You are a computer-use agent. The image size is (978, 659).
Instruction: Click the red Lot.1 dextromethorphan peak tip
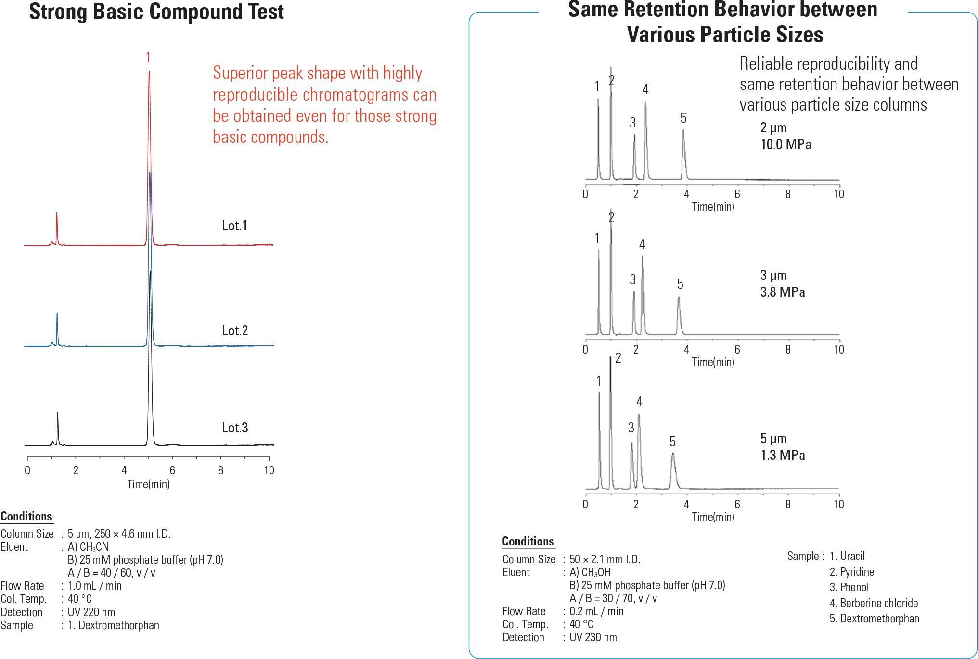click(x=149, y=72)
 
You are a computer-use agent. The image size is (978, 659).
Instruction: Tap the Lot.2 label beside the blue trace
click(x=235, y=331)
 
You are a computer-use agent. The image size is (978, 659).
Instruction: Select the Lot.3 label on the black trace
click(x=235, y=428)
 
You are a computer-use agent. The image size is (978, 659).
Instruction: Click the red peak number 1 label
click(x=148, y=58)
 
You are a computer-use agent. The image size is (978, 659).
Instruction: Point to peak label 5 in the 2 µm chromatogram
click(x=683, y=118)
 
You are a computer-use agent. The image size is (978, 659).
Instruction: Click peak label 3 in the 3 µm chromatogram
click(x=633, y=280)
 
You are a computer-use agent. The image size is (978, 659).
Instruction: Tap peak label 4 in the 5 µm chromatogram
click(x=639, y=402)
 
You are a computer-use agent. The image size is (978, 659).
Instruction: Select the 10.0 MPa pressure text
click(x=785, y=145)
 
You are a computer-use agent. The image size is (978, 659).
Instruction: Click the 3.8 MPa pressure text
click(x=783, y=292)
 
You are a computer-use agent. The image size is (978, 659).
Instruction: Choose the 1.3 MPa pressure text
click(x=783, y=456)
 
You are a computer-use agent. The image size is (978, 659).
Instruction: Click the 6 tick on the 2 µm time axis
click(x=737, y=194)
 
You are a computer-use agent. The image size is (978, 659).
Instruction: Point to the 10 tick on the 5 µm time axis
click(x=839, y=505)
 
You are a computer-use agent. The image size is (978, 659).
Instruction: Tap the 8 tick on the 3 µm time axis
click(x=788, y=350)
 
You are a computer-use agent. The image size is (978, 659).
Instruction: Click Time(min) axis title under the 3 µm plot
click(x=713, y=362)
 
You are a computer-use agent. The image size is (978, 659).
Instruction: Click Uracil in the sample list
click(x=852, y=556)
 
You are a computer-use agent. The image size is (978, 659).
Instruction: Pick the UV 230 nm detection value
click(x=593, y=637)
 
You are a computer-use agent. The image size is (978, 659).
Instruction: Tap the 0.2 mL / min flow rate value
click(x=596, y=611)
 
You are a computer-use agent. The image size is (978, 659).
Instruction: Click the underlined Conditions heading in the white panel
click(x=528, y=542)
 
